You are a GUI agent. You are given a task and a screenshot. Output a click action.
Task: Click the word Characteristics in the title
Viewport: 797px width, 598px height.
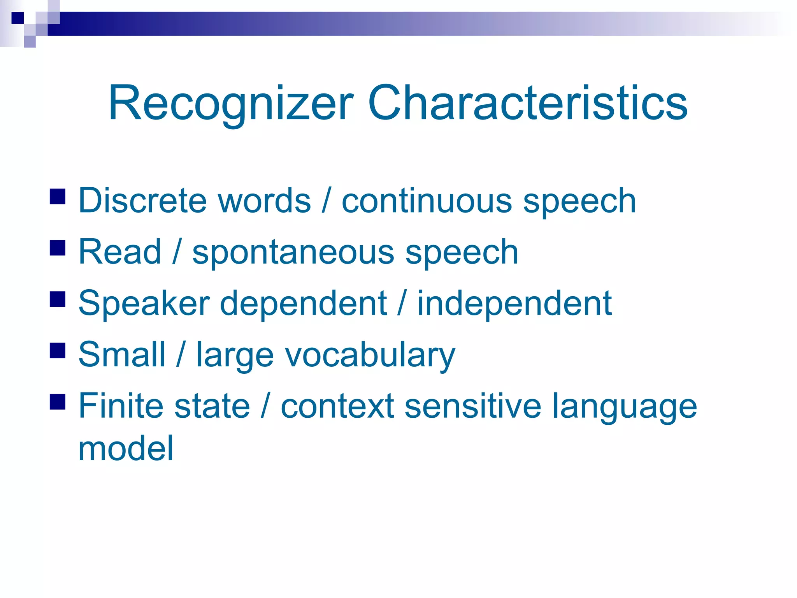(527, 103)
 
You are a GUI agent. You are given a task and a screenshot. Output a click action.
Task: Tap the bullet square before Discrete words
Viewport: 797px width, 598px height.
(58, 197)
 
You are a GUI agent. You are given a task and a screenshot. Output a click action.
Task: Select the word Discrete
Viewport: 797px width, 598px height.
(142, 201)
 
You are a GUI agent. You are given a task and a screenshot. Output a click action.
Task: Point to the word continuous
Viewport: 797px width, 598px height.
(427, 201)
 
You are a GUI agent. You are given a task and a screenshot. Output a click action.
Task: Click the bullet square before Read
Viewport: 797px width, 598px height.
(58, 248)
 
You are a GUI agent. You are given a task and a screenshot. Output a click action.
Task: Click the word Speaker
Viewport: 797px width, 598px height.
(144, 304)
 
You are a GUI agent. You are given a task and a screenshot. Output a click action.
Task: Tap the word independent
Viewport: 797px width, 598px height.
(514, 304)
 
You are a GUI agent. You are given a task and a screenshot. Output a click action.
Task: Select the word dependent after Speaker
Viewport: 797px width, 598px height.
(303, 304)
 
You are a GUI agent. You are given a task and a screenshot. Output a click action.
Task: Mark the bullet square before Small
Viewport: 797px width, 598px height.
(58, 350)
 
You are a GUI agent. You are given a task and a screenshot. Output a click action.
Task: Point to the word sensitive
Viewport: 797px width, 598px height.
(473, 406)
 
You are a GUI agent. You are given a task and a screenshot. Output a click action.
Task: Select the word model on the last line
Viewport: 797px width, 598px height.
(126, 448)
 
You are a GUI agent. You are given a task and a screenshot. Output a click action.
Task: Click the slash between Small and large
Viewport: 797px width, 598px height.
(180, 354)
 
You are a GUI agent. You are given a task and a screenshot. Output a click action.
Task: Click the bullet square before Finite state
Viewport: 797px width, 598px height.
(58, 402)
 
